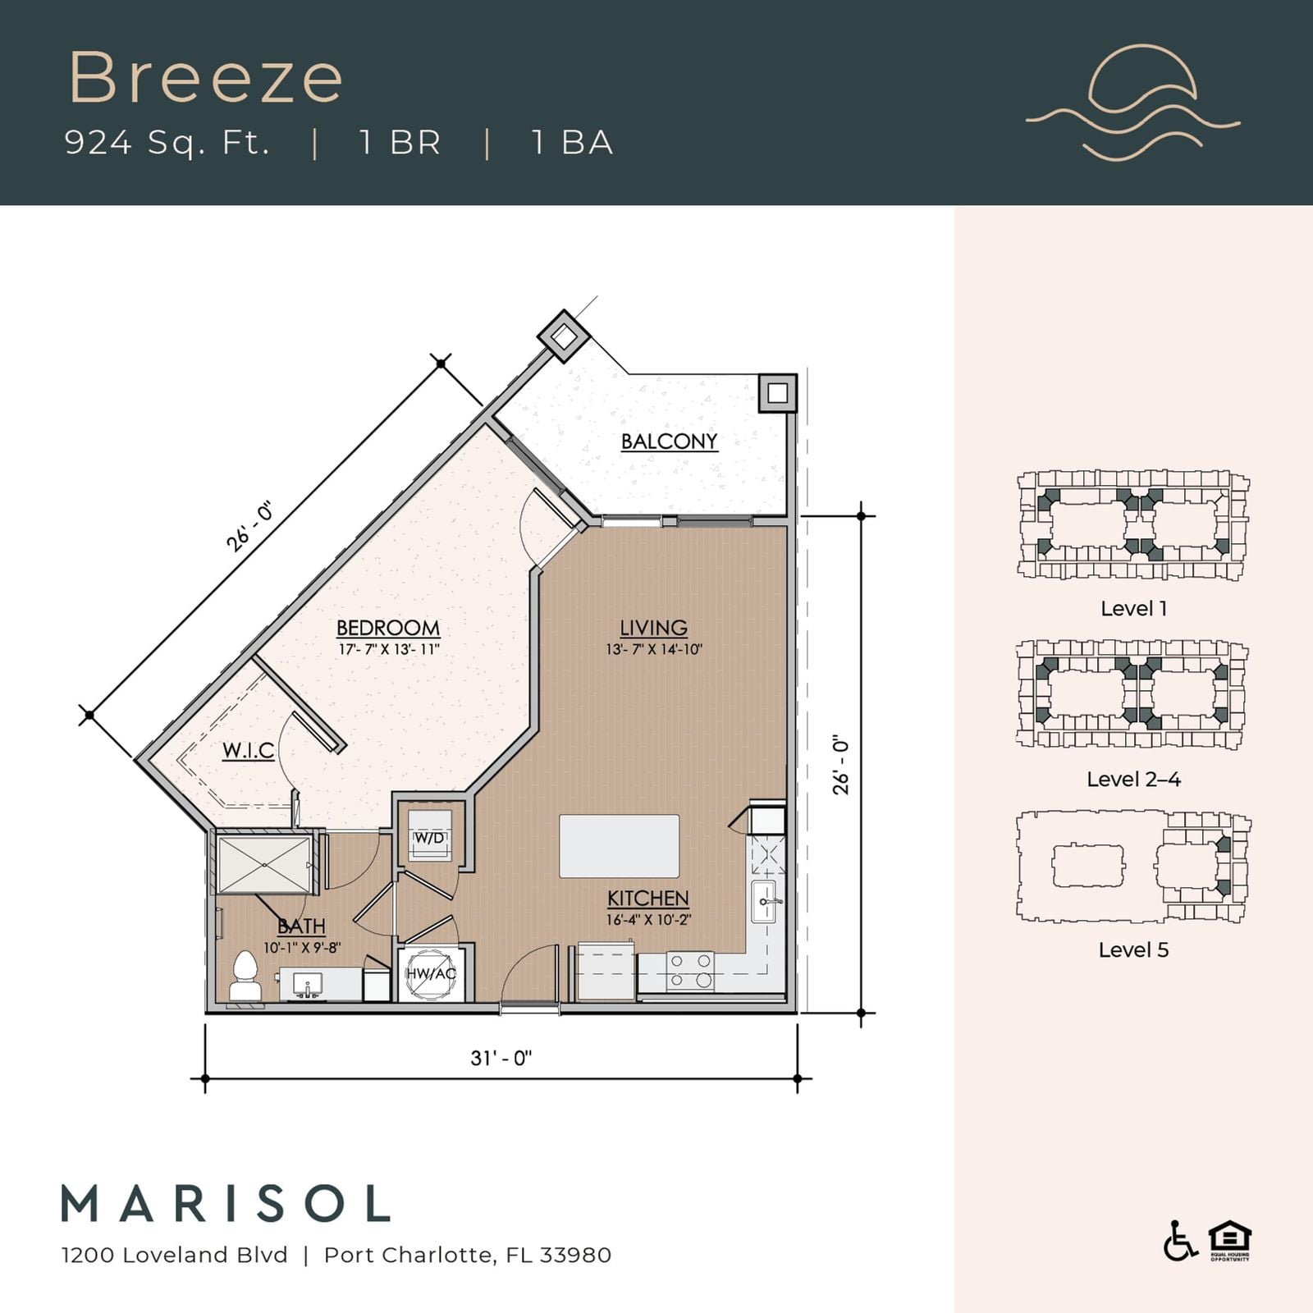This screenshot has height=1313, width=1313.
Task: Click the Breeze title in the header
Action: [205, 77]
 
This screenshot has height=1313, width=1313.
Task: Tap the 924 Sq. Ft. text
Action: [167, 143]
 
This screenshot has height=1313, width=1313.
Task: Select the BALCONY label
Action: [669, 441]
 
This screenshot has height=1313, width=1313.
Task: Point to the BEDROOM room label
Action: [388, 628]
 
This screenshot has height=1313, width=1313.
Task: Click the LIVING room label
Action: [653, 628]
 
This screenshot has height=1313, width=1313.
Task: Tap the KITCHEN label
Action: [648, 899]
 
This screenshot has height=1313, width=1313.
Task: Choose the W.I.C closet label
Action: [248, 750]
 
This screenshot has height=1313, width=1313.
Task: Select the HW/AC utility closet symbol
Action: [431, 974]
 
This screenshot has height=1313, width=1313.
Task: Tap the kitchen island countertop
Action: [620, 846]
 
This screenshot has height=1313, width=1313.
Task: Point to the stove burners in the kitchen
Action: [690, 971]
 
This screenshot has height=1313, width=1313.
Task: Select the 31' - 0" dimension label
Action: [501, 1058]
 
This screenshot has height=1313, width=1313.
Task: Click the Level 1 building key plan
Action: [1133, 526]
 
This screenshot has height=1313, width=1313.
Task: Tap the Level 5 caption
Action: [1133, 950]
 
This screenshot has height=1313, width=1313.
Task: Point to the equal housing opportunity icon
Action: [1229, 1241]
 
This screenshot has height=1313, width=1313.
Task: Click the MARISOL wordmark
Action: [226, 1203]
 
